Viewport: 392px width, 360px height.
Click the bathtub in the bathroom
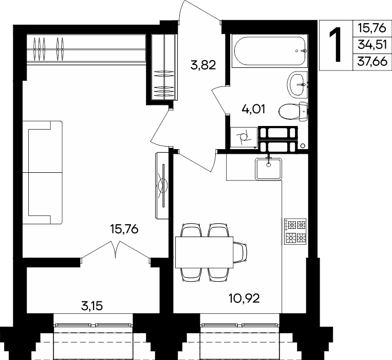pos(270,51)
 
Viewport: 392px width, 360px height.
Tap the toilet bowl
pos(293,112)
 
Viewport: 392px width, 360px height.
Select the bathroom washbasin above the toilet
pos(298,84)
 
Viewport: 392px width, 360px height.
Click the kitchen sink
pos(269,169)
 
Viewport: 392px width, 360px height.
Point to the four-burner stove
pos(295,231)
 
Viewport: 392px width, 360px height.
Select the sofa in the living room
pos(42,172)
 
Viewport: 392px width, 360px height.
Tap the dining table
pos(204,252)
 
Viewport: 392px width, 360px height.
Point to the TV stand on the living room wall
pos(162,186)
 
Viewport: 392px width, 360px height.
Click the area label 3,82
pos(203,65)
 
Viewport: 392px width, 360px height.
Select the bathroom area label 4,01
pos(253,110)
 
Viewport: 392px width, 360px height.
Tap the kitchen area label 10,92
pos(244,298)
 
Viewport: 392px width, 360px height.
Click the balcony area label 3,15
pos(92,306)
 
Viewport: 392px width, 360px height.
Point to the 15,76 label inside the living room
pos(124,229)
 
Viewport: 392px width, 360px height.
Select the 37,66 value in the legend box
pos(372,61)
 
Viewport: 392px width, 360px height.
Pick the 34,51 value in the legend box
pos(372,45)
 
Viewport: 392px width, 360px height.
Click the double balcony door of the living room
pos(116,251)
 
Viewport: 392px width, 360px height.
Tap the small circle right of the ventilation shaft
pos(303,146)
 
